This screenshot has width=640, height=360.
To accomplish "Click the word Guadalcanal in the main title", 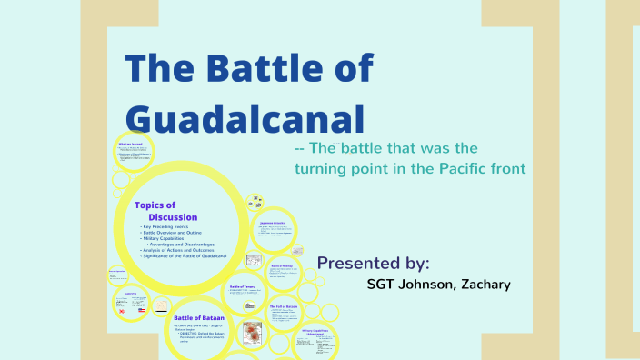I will point(245,119).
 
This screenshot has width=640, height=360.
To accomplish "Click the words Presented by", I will point(373,263).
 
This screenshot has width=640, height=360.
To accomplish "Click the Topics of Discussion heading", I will point(164,211).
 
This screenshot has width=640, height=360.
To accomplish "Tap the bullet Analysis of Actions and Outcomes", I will point(183,250).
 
